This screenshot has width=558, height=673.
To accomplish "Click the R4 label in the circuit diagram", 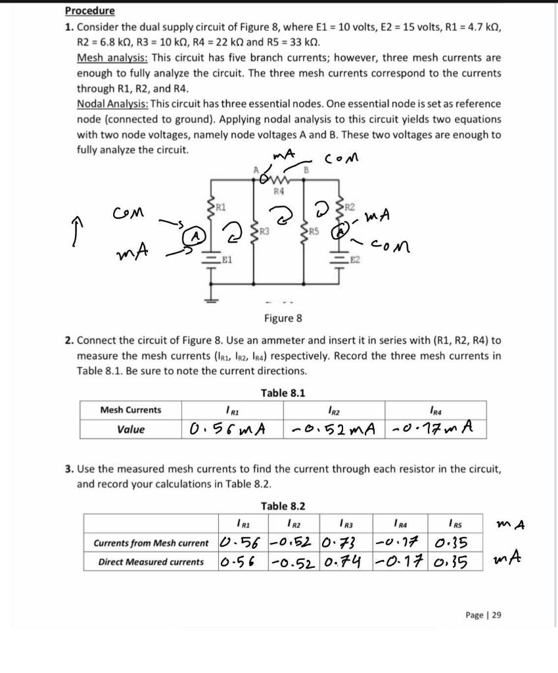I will coord(279,192).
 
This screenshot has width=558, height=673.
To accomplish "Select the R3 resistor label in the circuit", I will coord(264,231).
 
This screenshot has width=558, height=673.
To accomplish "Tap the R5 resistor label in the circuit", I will coord(315,231).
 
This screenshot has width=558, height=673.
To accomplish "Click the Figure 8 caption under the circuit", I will coord(283,319).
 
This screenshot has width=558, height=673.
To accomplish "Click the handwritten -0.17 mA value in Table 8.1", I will coord(434,430).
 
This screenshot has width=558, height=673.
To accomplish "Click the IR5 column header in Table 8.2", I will coord(453,524).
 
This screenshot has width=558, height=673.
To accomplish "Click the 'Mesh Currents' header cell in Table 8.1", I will coord(130,410).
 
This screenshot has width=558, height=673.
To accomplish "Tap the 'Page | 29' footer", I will coord(483,615).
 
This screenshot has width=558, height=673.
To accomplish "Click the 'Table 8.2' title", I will coord(283,506).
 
